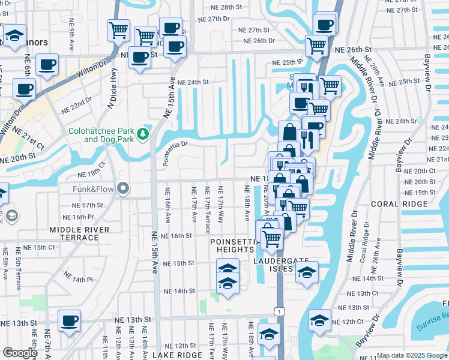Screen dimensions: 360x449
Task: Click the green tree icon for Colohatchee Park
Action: tap(142, 133)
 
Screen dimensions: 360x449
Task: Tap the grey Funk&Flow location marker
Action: tap(124, 189)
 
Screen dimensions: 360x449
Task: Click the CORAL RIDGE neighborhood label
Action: tap(393, 203)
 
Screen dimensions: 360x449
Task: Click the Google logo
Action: tap(20, 353)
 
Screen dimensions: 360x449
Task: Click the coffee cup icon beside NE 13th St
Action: tap(69, 320)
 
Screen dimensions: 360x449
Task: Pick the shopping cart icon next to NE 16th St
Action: tap(272, 239)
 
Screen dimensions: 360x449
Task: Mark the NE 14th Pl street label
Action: tap(79, 279)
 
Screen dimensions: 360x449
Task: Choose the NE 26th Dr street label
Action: tap(259, 41)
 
